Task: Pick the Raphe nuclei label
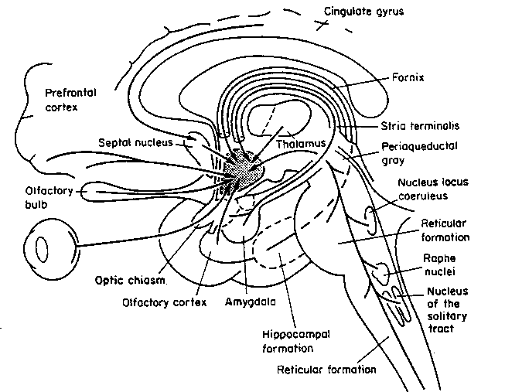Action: tap(435, 267)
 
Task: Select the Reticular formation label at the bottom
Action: tap(326, 370)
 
